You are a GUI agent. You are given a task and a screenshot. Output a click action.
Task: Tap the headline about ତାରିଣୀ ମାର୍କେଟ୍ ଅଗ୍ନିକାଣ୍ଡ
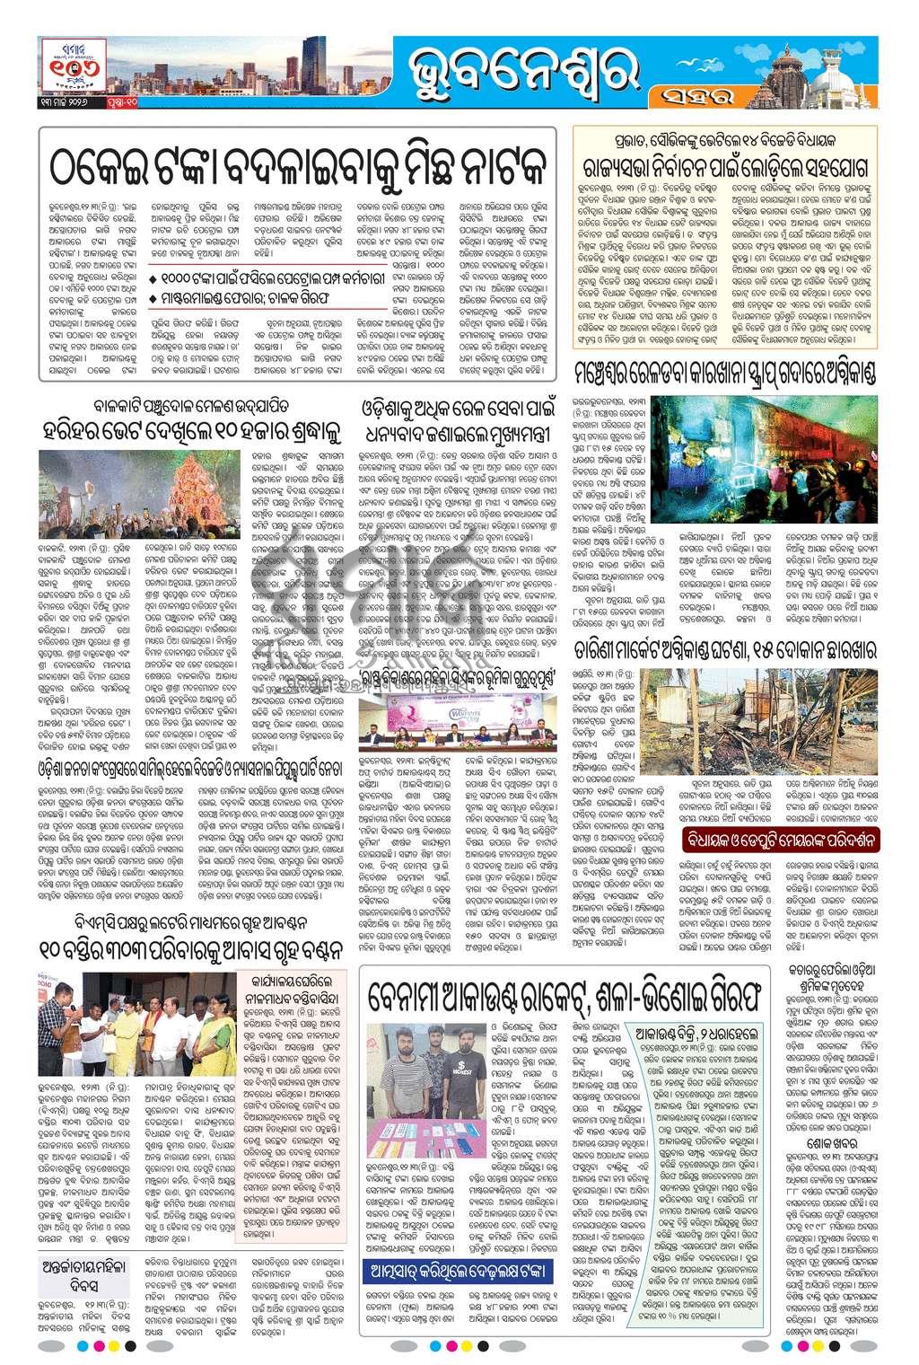click(724, 648)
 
